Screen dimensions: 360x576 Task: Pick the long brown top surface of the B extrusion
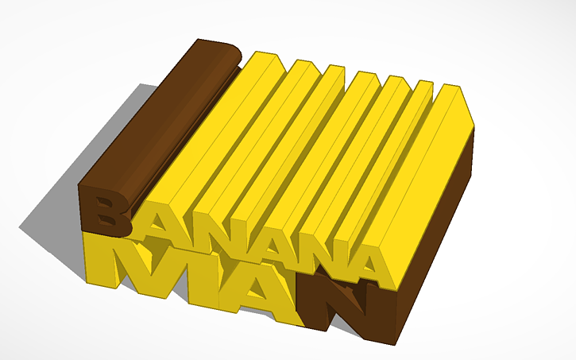(159, 119)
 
